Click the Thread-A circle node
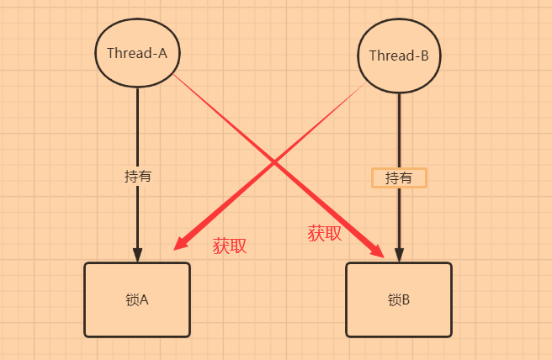pyautogui.click(x=137, y=52)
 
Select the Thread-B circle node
pyautogui.click(x=399, y=56)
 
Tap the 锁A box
pyautogui.click(x=137, y=299)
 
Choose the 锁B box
pyautogui.click(x=399, y=299)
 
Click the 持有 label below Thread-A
pyautogui.click(x=137, y=177)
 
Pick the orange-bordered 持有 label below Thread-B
pyautogui.click(x=399, y=177)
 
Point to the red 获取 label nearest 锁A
pyautogui.click(x=230, y=246)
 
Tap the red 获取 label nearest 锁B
pyautogui.click(x=324, y=234)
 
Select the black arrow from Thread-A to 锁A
pyautogui.click(x=137, y=126)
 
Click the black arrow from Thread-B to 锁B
pyautogui.click(x=399, y=126)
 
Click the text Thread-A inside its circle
pyautogui.click(x=137, y=52)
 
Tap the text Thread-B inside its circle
pyautogui.click(x=399, y=56)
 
